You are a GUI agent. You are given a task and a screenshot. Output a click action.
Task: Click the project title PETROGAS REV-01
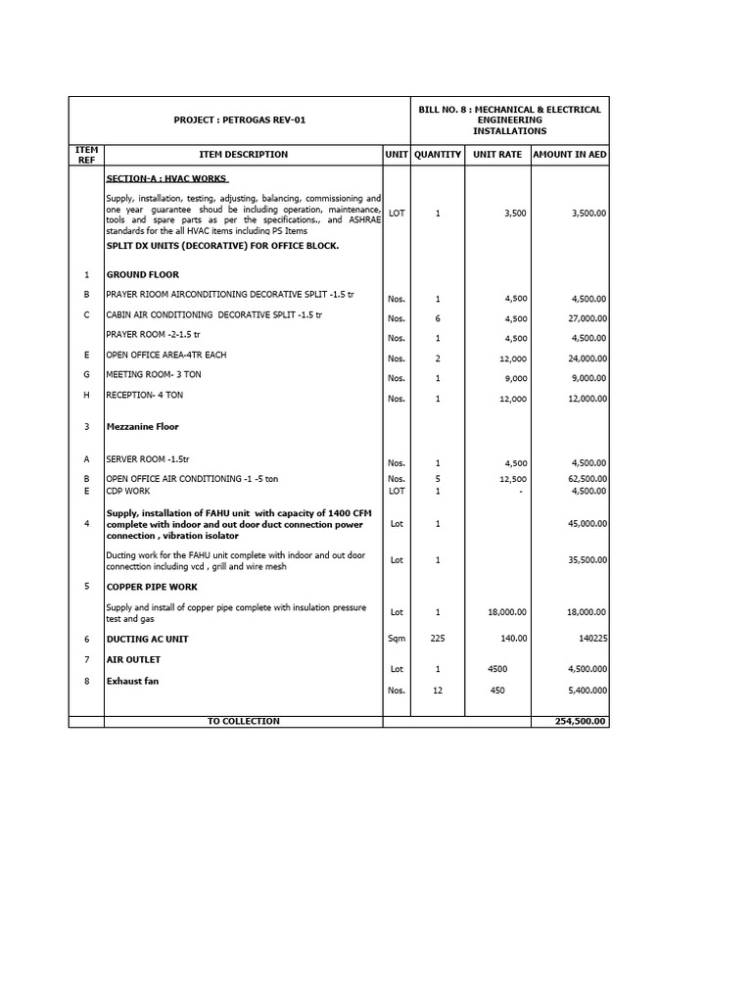(x=239, y=119)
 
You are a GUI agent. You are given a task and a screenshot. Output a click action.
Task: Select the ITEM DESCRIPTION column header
(x=243, y=154)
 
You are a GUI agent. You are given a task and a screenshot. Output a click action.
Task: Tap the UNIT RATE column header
(x=497, y=154)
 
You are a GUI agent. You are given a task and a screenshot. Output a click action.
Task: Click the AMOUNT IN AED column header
(x=570, y=154)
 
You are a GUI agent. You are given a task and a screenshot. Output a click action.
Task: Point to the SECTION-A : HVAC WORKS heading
(x=166, y=179)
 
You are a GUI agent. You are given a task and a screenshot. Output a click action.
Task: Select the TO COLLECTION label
(x=243, y=722)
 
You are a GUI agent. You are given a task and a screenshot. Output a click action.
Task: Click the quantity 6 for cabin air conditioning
(x=438, y=318)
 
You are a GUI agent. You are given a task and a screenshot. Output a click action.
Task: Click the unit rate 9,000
(x=515, y=378)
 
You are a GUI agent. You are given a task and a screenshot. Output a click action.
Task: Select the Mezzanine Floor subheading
(x=142, y=427)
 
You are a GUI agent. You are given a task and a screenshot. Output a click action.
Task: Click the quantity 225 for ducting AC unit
(x=438, y=638)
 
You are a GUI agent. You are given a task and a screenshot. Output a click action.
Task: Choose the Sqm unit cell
(x=397, y=638)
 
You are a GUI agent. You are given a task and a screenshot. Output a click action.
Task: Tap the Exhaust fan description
(x=133, y=681)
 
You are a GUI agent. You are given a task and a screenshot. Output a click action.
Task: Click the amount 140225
(x=588, y=638)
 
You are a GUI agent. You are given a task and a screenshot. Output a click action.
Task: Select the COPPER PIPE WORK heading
(x=152, y=587)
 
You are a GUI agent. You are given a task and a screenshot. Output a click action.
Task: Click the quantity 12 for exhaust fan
(x=438, y=691)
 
